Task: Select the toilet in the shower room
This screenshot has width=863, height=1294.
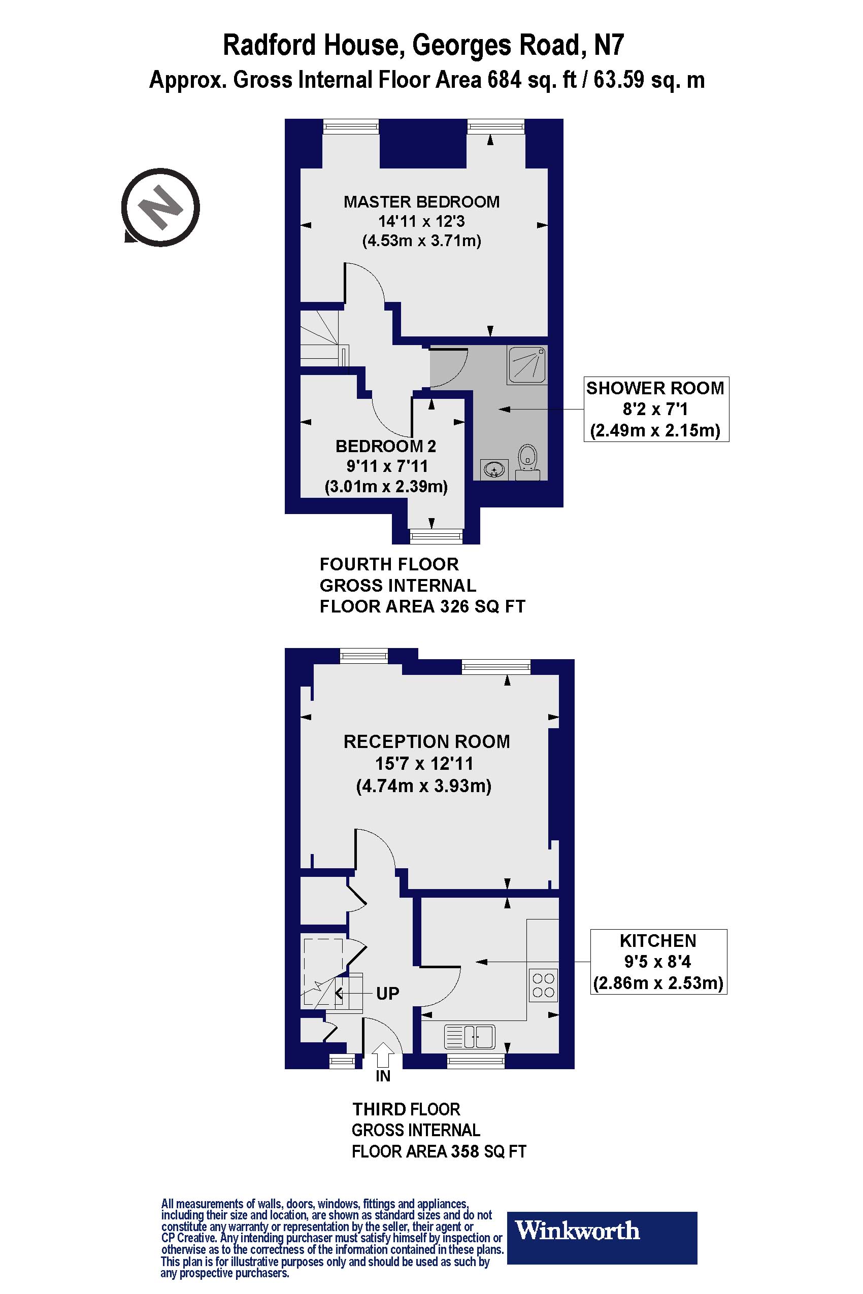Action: point(528,462)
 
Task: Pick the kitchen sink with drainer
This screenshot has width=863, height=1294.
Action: point(470,1037)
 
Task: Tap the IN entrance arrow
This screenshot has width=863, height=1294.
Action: point(383,1057)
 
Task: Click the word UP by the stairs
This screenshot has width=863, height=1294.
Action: point(387,993)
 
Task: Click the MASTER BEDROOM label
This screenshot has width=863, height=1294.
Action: point(421,201)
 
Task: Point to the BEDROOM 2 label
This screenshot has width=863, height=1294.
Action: point(386,446)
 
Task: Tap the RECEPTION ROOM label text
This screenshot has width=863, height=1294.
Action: point(426,741)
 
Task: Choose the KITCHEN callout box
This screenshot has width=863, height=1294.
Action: point(658,962)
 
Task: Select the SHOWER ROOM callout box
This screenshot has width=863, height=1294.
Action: point(656,409)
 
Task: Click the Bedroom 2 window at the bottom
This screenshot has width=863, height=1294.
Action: point(437,536)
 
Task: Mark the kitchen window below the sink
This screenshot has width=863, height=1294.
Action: point(476,1061)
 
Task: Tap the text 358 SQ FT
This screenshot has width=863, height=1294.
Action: point(489,1151)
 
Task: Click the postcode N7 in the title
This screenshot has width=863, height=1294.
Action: point(609,45)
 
